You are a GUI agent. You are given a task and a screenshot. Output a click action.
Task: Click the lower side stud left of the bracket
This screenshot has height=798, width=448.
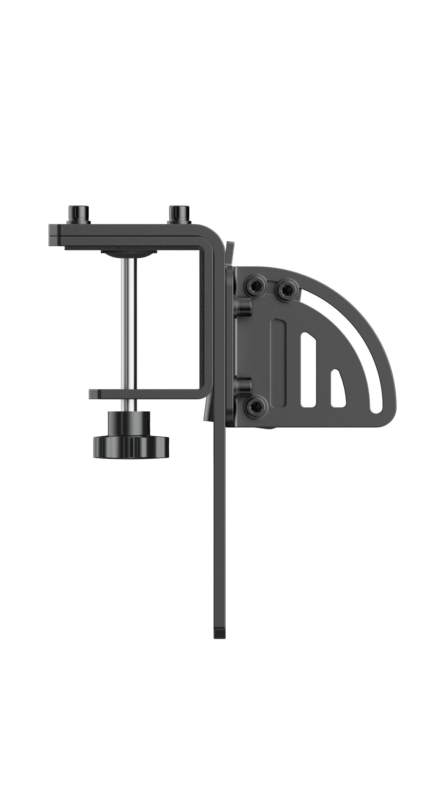click(244, 385)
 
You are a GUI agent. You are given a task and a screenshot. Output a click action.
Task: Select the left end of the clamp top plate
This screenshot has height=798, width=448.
click(55, 236)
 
